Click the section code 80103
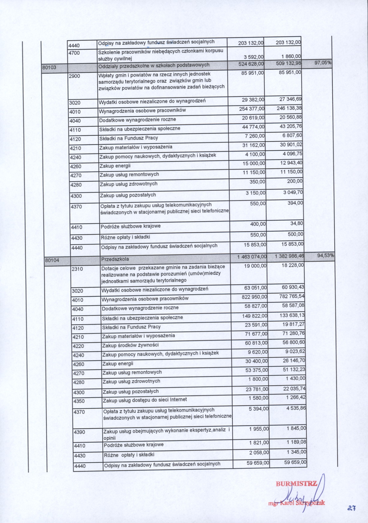(49, 67)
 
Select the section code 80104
(52, 260)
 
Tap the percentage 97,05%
(323, 63)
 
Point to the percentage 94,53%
(325, 255)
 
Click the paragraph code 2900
(75, 76)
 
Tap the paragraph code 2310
(77, 269)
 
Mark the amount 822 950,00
(254, 297)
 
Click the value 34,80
(297, 223)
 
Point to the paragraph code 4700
(74, 53)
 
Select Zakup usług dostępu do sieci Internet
(145, 400)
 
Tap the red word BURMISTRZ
(296, 484)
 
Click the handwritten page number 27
(352, 508)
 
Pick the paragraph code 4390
(79, 432)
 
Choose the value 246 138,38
(289, 108)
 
